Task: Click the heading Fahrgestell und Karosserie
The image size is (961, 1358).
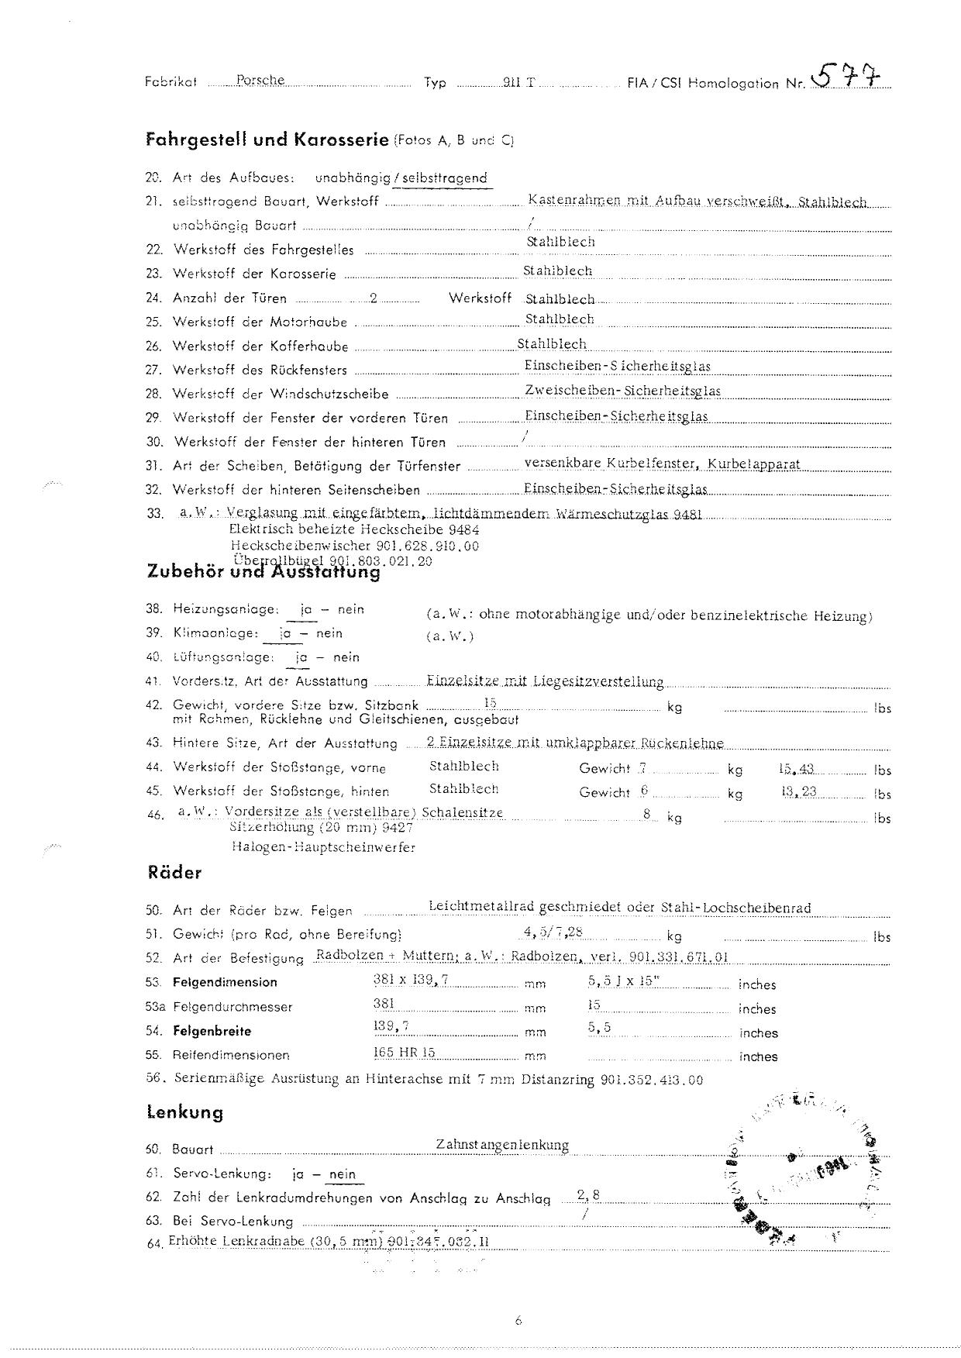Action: (267, 140)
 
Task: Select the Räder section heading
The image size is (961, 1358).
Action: (174, 873)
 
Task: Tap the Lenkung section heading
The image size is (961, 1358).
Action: (184, 1113)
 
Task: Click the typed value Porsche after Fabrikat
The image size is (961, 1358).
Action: (260, 80)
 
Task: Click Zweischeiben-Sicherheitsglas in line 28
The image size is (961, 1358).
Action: (622, 391)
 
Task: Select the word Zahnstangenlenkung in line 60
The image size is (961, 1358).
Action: (502, 1145)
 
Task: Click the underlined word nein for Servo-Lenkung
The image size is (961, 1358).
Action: (342, 1174)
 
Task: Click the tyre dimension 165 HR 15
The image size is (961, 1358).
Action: (404, 1053)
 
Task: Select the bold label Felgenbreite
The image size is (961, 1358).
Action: (212, 1031)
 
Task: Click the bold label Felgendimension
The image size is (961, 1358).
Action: (225, 982)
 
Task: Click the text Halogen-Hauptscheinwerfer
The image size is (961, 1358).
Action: (322, 847)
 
